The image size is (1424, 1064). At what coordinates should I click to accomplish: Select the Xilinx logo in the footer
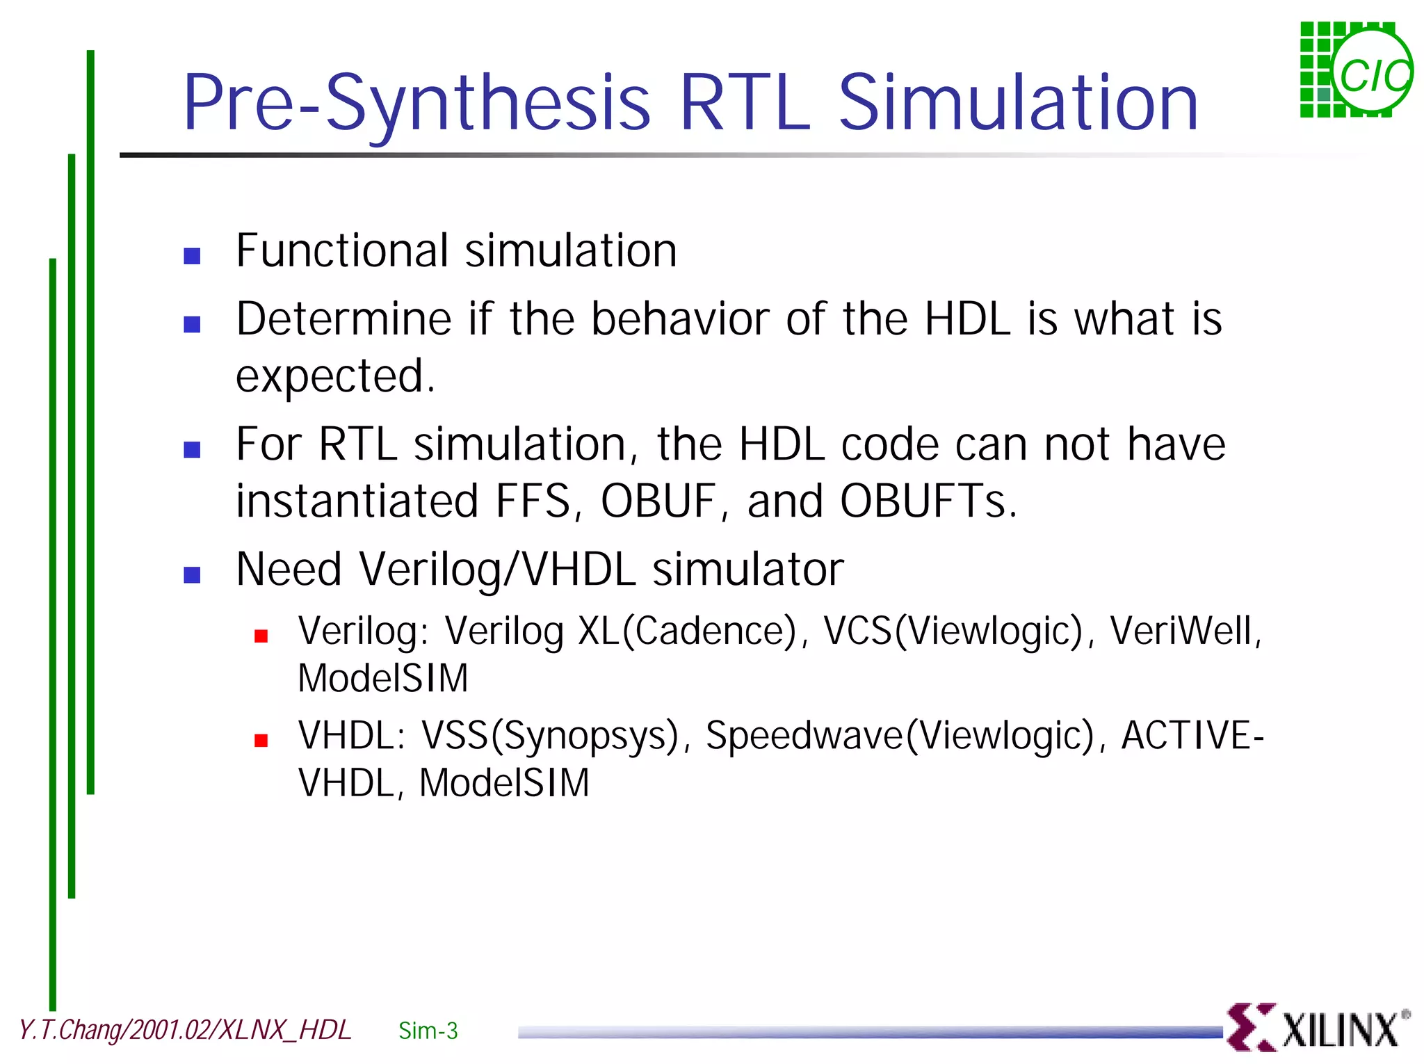click(x=1317, y=1028)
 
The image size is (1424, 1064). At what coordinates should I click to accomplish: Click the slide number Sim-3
click(x=428, y=1031)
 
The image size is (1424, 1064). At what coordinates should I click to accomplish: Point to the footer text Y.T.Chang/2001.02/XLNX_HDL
click(x=185, y=1030)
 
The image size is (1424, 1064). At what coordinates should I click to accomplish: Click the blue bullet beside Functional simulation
click(x=192, y=256)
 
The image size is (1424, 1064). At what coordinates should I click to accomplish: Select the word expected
click(x=334, y=377)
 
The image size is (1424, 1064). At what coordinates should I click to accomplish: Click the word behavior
click(x=679, y=319)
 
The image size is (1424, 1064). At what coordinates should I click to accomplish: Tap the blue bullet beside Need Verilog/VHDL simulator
click(x=192, y=574)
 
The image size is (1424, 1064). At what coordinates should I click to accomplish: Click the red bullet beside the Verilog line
click(x=261, y=636)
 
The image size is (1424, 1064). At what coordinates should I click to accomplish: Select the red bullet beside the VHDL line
click(x=261, y=740)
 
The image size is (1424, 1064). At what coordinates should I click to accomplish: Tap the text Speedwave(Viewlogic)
click(x=900, y=736)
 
